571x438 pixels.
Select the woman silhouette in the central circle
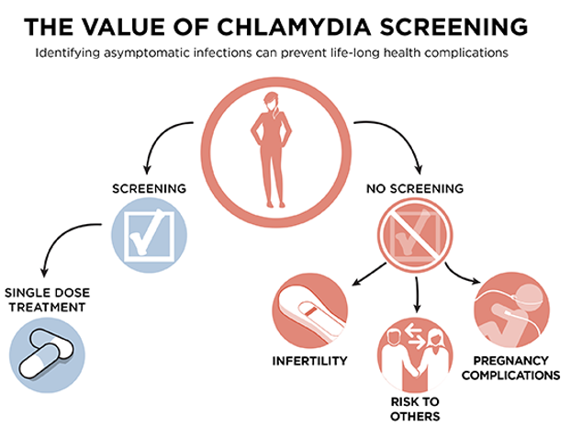click(x=272, y=150)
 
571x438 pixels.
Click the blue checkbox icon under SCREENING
click(x=149, y=235)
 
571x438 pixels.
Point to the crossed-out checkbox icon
click(x=415, y=235)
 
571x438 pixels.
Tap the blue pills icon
click(x=47, y=355)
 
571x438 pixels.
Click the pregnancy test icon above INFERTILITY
click(x=310, y=311)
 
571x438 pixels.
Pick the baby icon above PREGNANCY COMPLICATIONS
click(x=512, y=311)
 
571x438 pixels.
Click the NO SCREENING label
click(x=415, y=189)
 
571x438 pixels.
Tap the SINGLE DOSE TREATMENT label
click(x=48, y=300)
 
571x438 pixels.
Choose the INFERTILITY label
click(x=310, y=361)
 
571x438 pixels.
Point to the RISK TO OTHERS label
click(x=415, y=409)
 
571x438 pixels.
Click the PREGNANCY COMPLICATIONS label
click(x=511, y=368)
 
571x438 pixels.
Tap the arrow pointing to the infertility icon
click(x=368, y=274)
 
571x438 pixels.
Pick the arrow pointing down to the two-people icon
click(x=418, y=295)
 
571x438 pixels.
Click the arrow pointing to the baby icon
click(x=460, y=275)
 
